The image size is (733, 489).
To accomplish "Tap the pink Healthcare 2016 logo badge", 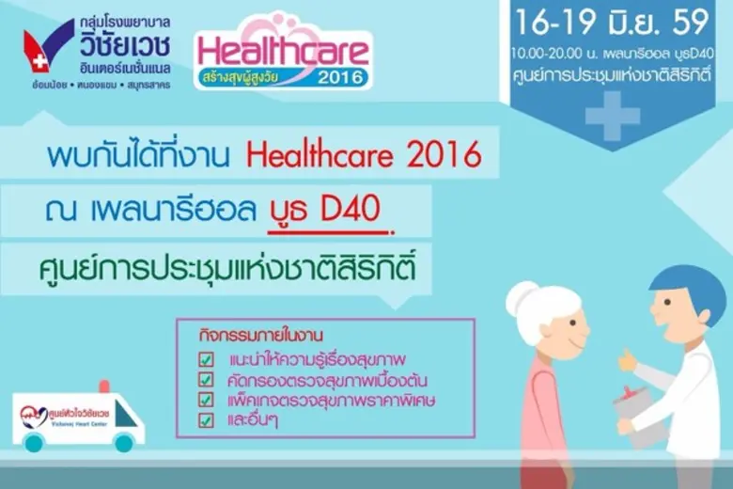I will (283, 54).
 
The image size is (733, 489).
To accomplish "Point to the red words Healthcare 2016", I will (377, 154).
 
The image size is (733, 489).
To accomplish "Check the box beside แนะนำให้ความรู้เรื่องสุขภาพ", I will (206, 361).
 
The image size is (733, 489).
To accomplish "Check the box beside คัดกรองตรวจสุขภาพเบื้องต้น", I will (206, 381).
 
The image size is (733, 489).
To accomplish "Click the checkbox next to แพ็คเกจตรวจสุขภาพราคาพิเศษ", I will (206, 401).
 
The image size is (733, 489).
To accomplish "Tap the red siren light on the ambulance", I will (103, 385).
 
